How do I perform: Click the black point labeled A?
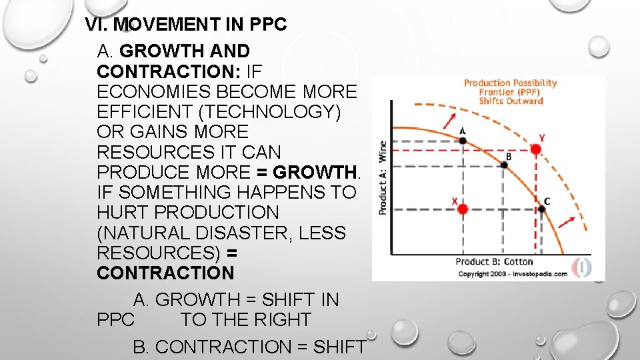click(x=463, y=140)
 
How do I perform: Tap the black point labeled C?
click(x=541, y=209)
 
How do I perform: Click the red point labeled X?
click(x=462, y=209)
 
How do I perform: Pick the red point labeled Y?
click(x=536, y=149)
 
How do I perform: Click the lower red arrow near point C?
click(x=565, y=221)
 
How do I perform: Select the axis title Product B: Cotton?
click(x=494, y=261)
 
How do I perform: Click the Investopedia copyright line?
click(x=512, y=273)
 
